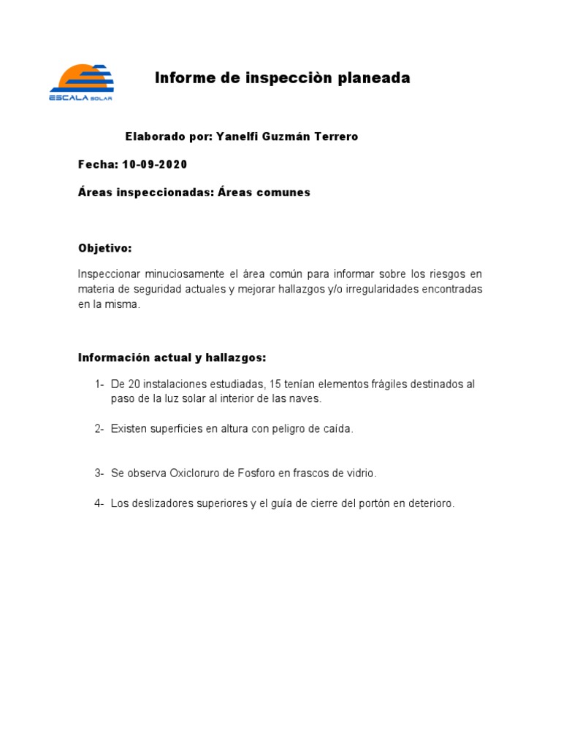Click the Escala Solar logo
click(x=81, y=82)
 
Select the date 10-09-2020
click(x=154, y=164)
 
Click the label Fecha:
click(x=98, y=164)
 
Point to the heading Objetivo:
click(x=105, y=249)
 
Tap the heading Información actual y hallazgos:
click(x=172, y=357)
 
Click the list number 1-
click(x=99, y=384)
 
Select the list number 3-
click(x=99, y=473)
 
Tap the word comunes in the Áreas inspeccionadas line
click(x=283, y=193)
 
